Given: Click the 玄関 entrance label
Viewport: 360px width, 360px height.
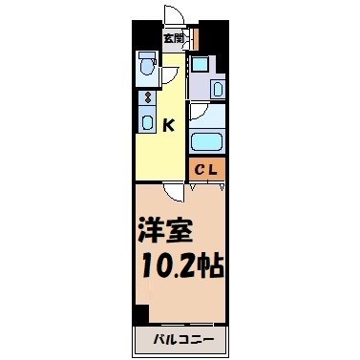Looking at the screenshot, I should [x=173, y=39].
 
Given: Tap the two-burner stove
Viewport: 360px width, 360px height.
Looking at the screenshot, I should [x=147, y=96].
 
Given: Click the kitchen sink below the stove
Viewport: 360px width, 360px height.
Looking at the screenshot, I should [x=147, y=120].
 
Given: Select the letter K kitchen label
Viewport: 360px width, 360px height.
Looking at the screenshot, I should [x=168, y=124].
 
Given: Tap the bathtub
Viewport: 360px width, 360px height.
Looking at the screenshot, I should [x=207, y=141].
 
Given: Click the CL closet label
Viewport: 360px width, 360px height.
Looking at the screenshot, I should [x=207, y=171].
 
